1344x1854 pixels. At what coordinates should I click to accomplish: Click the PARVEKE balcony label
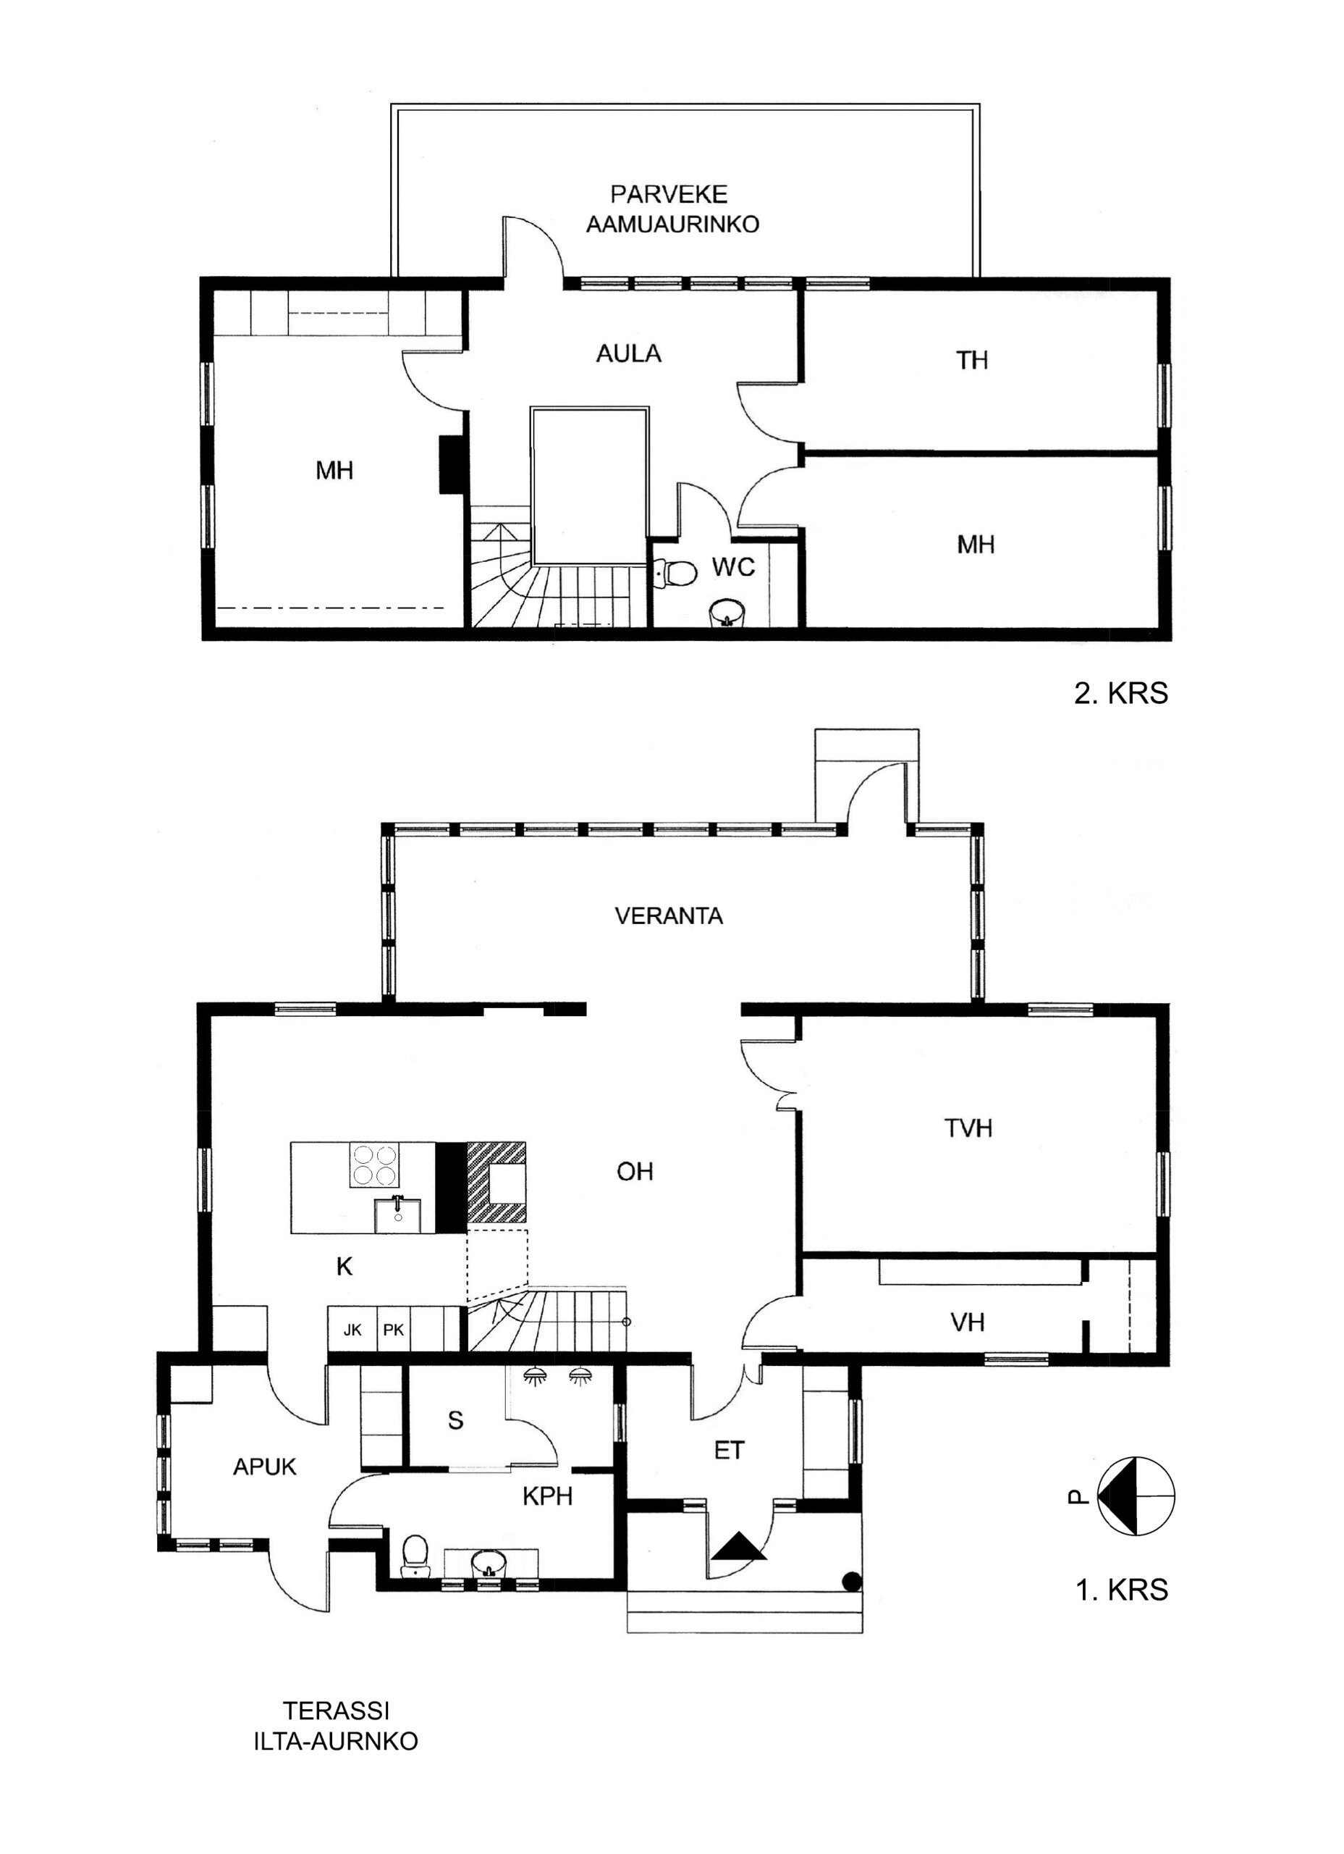pos(669,195)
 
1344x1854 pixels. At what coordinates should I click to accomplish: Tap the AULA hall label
pos(628,353)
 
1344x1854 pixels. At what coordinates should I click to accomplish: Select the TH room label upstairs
pos(972,360)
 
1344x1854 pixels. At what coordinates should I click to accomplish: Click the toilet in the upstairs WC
pos(675,572)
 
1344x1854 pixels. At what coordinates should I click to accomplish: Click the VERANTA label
pos(669,915)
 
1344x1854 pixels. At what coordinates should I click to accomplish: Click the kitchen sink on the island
pos(397,1214)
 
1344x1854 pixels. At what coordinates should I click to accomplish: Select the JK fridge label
pos(352,1330)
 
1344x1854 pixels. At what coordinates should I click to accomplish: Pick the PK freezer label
pos(393,1330)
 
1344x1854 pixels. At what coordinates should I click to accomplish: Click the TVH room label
pos(968,1128)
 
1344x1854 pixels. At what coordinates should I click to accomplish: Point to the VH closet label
pos(968,1322)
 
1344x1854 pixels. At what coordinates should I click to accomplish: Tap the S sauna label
pos(456,1421)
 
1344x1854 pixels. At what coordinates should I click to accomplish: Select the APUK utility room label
pos(265,1467)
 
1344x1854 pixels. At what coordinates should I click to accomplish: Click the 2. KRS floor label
pos(1121,693)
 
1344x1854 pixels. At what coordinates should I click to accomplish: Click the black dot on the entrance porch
pos(851,1581)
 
